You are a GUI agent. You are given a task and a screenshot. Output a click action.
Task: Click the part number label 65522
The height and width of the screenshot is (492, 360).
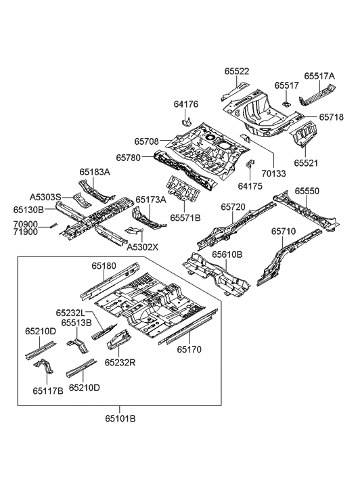tap(237, 71)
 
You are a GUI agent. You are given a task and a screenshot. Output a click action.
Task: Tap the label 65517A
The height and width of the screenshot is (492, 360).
tap(319, 76)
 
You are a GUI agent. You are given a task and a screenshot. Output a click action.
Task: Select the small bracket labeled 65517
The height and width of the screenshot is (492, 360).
tap(286, 103)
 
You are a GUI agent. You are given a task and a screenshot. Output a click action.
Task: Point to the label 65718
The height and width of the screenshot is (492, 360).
tap(331, 117)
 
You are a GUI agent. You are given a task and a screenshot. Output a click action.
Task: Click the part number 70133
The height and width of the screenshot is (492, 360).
tap(273, 173)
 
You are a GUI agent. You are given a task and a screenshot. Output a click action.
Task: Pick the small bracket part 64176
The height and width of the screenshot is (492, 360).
tap(187, 121)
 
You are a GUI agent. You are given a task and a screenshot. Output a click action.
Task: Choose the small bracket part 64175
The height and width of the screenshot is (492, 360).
tap(250, 164)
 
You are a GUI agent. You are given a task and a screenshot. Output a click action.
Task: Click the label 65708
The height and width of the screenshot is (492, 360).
tap(147, 141)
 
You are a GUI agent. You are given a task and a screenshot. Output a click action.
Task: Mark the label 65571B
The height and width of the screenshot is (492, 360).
tap(185, 217)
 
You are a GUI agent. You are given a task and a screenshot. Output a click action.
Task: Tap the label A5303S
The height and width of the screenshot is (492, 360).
tap(45, 197)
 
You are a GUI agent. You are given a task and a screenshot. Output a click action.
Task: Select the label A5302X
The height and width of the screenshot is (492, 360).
tap(143, 247)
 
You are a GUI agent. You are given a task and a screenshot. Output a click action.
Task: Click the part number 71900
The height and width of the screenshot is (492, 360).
tap(26, 232)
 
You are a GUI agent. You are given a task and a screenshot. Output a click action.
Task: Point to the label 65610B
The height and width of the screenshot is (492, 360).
tap(227, 254)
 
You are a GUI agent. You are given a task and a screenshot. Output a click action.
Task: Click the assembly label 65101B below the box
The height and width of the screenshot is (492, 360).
tap(120, 418)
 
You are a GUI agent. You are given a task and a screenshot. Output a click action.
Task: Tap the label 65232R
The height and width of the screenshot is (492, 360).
tap(120, 363)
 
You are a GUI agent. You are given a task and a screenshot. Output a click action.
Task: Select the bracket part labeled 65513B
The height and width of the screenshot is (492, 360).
tap(78, 345)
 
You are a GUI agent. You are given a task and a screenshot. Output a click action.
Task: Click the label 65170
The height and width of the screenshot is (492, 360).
tap(189, 349)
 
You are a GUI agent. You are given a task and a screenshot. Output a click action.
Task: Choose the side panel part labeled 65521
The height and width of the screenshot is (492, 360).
tap(304, 134)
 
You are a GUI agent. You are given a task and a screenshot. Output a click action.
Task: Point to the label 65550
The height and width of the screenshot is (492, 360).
tap(307, 191)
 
